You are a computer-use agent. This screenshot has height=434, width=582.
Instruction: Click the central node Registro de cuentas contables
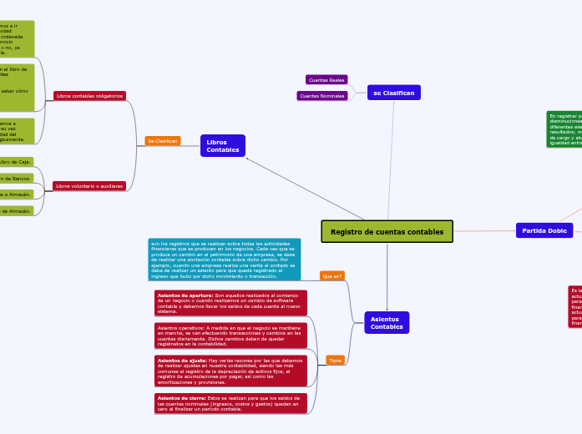click(387, 231)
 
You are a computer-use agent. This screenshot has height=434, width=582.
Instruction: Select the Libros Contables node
click(222, 146)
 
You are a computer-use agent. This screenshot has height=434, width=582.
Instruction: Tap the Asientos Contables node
click(386, 322)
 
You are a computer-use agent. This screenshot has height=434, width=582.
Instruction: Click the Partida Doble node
click(544, 230)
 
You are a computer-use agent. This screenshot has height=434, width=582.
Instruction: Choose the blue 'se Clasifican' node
click(393, 93)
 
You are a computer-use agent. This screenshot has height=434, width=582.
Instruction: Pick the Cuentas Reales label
click(326, 80)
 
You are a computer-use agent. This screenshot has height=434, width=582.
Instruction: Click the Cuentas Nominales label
click(321, 96)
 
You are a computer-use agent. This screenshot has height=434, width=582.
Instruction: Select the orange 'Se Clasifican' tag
click(162, 141)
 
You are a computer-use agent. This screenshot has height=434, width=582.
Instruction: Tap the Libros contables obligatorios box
click(89, 96)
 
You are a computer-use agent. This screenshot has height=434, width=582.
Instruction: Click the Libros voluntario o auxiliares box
click(89, 185)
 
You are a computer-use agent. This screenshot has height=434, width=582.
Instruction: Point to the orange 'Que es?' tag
click(332, 275)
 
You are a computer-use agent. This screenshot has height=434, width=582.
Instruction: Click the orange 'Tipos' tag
click(335, 361)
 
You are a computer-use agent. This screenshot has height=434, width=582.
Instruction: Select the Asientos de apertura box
click(230, 303)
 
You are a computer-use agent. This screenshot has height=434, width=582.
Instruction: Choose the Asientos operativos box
click(230, 336)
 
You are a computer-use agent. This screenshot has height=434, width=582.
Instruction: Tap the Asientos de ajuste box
click(230, 371)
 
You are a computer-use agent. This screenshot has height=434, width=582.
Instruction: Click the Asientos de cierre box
click(230, 404)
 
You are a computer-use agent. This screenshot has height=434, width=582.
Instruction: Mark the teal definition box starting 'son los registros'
click(224, 259)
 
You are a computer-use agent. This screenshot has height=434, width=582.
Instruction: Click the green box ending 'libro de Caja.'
click(17, 162)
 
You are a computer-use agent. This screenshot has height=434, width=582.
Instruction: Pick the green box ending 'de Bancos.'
click(17, 178)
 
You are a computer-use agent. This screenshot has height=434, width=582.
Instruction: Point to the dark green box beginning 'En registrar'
click(564, 129)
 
